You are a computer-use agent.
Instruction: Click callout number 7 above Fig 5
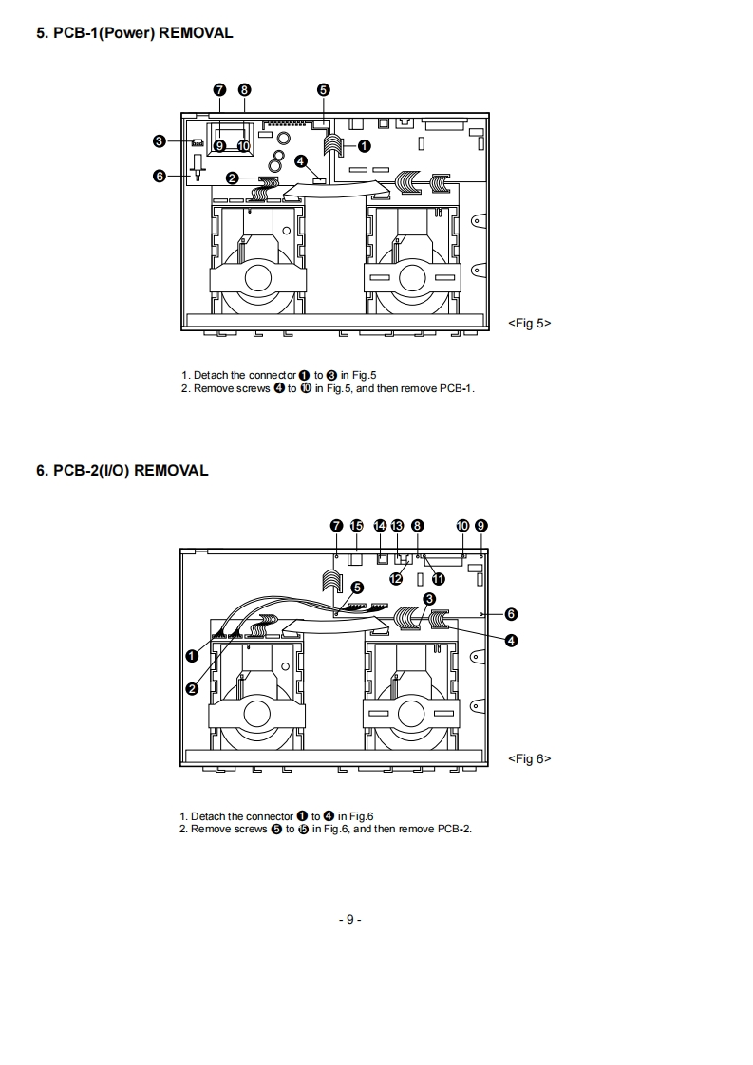pos(219,89)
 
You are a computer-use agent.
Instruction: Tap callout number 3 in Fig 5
pos(160,141)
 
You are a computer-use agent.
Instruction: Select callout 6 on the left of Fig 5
pos(160,176)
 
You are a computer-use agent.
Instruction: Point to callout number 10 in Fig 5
pos(243,146)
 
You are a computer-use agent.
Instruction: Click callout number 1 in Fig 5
pos(364,145)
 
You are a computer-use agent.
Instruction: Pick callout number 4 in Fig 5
pos(300,161)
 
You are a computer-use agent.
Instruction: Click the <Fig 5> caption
pos(529,323)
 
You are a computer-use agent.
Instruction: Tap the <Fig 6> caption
pos(529,758)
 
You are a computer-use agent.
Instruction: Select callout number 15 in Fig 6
pos(357,525)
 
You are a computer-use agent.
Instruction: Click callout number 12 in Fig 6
pos(396,577)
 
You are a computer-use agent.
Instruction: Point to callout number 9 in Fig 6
pos(481,525)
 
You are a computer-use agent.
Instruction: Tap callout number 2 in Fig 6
pos(192,688)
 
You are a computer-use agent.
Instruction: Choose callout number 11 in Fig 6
pos(438,578)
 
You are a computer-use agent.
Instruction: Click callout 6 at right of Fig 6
pos(511,614)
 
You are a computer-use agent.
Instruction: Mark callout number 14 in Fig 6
pos(381,525)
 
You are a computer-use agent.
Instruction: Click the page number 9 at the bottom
pos(349,919)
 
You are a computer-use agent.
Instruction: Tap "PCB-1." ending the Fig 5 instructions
pos(457,389)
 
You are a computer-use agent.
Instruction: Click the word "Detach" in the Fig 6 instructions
pos(209,816)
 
